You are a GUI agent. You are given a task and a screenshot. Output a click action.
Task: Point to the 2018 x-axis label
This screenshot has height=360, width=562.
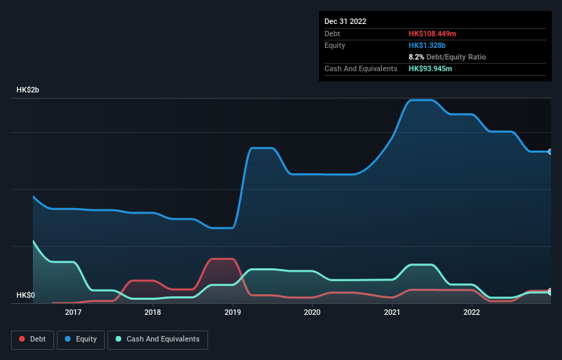[153, 312]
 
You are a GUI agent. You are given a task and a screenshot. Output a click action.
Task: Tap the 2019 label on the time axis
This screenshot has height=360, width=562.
[232, 312]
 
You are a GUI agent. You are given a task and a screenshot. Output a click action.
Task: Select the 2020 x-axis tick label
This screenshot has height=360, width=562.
[312, 312]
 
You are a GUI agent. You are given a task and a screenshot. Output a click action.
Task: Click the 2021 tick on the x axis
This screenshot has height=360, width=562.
[392, 312]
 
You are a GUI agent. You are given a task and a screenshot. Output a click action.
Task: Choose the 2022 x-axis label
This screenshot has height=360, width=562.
[472, 312]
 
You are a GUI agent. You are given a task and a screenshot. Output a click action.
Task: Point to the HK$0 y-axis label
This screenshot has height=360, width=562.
[25, 295]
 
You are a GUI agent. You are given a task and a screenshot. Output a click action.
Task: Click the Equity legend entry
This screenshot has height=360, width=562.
[80, 339]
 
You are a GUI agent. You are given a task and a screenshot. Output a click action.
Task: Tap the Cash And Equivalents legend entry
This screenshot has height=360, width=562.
[157, 339]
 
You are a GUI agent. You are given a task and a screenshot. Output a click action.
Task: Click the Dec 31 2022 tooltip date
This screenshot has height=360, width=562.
[345, 21]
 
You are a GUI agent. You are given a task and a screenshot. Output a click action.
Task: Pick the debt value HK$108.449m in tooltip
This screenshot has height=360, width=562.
[432, 34]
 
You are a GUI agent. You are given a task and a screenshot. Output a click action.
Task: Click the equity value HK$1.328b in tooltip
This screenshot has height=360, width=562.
[426, 45]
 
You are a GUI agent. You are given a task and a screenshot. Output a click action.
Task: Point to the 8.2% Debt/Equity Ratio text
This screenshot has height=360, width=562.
[447, 57]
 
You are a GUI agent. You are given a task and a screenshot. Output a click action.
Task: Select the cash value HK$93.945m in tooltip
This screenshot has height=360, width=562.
[430, 68]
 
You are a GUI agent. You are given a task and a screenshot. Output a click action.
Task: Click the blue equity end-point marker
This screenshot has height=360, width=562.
[550, 152]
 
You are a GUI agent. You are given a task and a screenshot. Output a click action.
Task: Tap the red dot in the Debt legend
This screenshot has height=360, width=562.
[23, 339]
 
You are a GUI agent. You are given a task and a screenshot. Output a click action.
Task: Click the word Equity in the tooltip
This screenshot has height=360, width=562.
[335, 45]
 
